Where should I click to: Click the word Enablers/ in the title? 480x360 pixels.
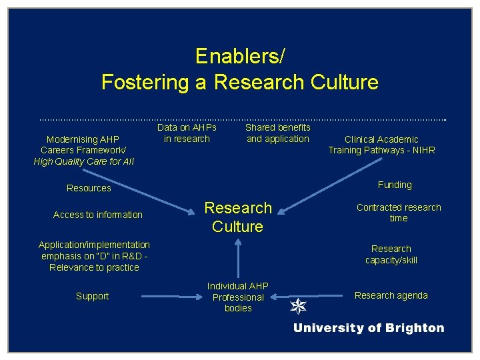(239, 57)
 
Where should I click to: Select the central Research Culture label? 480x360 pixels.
(238, 217)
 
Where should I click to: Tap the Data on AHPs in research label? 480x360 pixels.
(187, 133)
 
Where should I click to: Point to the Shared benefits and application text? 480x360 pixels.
(278, 133)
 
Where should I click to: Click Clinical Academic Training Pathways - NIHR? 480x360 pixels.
(381, 145)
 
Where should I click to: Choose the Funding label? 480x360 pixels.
(395, 185)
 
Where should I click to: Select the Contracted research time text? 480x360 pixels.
(399, 213)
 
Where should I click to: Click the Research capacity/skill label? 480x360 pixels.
(391, 254)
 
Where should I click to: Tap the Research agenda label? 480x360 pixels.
(391, 295)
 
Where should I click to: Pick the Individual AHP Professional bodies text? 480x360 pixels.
(238, 297)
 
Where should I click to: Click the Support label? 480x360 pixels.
(92, 296)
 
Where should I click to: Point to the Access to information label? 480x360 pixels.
(97, 215)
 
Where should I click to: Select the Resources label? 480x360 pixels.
(89, 188)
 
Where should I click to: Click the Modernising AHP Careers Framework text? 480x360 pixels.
(83, 150)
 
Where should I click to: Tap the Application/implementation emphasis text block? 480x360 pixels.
(94, 256)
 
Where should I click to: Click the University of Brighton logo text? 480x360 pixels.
(369, 328)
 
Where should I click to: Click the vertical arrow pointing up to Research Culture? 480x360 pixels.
(237, 257)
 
